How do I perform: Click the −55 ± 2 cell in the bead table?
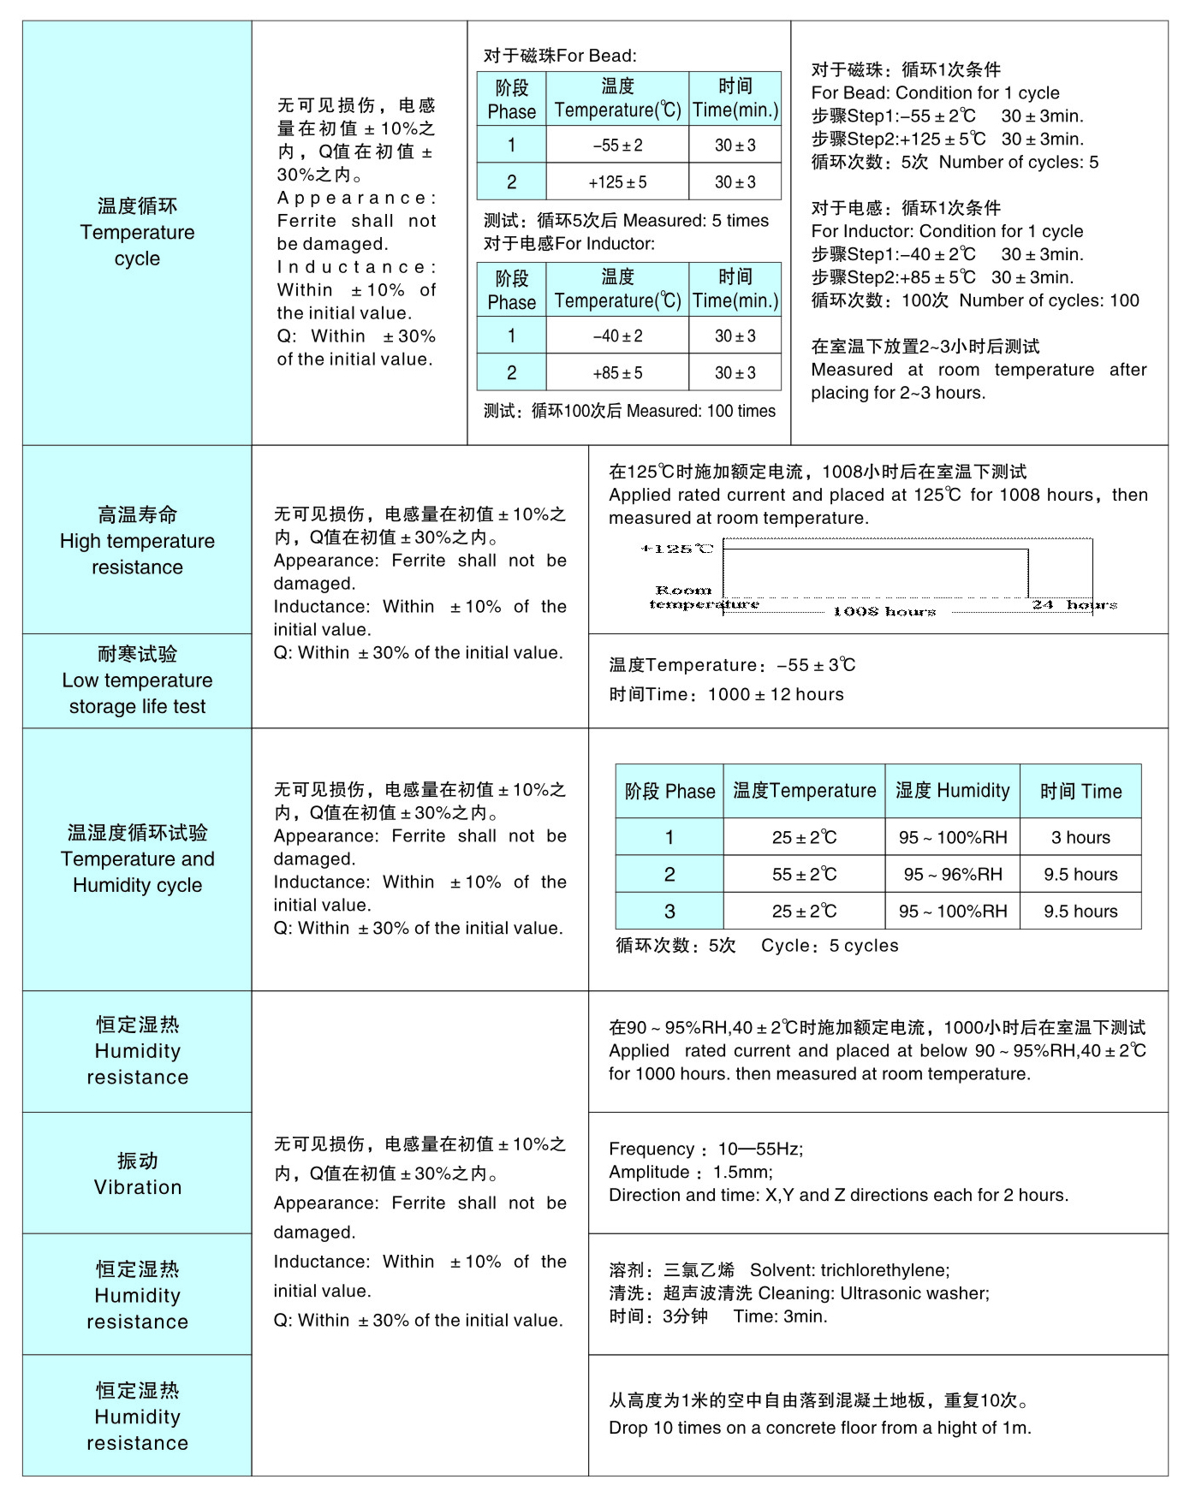coord(617,146)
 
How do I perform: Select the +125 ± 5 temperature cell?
coord(617,182)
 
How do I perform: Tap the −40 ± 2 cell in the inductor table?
coord(617,336)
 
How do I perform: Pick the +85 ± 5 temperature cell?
coord(617,373)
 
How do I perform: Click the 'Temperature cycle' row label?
coord(137,232)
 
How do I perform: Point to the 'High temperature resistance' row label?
coord(137,541)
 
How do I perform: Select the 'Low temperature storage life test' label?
coord(137,680)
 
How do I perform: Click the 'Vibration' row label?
coord(137,1174)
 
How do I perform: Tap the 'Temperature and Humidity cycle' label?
coord(137,859)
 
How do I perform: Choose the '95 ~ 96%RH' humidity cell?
coord(952,875)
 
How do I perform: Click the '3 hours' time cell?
coord(1080,838)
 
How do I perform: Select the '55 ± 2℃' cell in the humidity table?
coord(804,875)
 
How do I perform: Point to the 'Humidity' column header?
coord(952,791)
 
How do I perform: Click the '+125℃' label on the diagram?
coord(676,549)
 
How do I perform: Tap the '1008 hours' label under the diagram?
coord(884,611)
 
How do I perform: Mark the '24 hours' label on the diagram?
coord(1074,604)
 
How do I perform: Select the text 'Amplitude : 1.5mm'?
coord(690,1172)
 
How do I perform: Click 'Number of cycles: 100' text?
coord(1049,300)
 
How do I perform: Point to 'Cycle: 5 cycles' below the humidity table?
coord(830,946)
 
